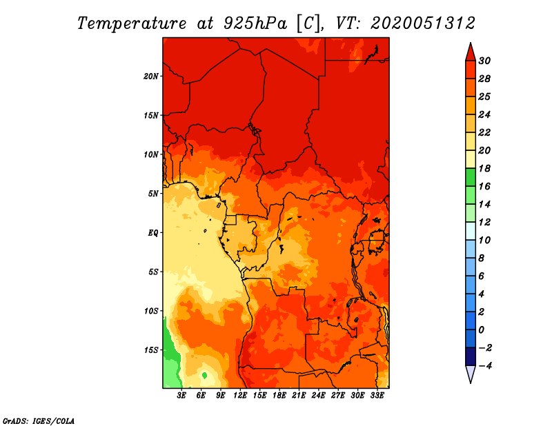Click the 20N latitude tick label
tap(150, 77)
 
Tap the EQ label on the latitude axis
tap(152, 233)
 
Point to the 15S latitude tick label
tap(151, 350)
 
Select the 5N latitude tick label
tap(153, 194)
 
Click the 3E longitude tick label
tap(181, 396)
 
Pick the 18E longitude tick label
tap(279, 396)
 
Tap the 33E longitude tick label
tap(377, 396)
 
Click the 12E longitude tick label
tap(240, 396)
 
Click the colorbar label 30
tap(484, 61)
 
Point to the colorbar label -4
tap(485, 366)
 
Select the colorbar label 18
tap(484, 168)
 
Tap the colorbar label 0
tap(482, 330)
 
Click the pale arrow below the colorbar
tap(471, 373)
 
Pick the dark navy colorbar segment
tap(471, 356)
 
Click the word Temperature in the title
tap(132, 23)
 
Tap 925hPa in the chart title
tap(255, 23)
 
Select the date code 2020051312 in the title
tap(423, 23)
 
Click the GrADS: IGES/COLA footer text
tap(39, 421)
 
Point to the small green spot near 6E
tap(204, 376)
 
